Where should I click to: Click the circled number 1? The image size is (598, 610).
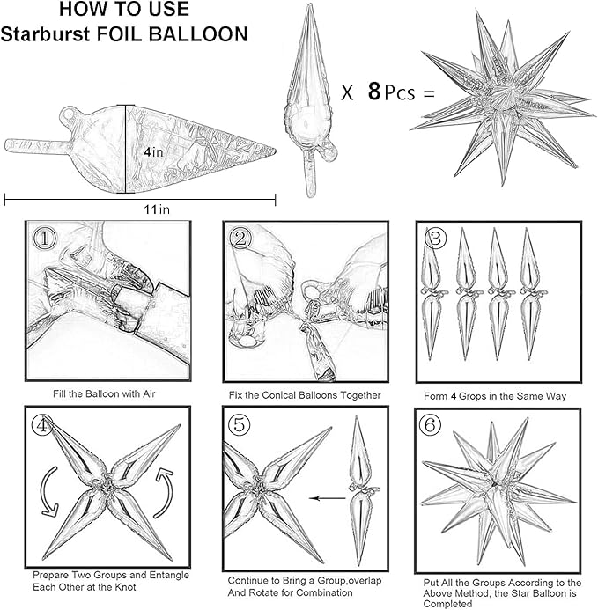[x=45, y=238]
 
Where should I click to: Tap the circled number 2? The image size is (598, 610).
[x=240, y=238]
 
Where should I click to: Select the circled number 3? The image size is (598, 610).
[x=436, y=238]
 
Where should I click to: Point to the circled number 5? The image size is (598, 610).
[x=239, y=424]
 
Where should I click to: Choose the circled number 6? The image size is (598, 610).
[x=430, y=424]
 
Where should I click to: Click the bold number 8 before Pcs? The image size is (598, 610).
[x=374, y=92]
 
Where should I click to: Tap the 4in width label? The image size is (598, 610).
[x=153, y=151]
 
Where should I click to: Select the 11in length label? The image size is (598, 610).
[x=157, y=209]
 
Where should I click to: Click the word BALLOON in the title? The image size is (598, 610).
[x=198, y=33]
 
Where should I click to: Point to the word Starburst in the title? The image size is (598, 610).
[x=46, y=33]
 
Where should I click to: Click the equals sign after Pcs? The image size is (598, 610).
[x=429, y=93]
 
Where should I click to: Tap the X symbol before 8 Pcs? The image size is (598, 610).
[x=347, y=92]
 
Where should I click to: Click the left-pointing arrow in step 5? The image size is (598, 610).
[x=328, y=498]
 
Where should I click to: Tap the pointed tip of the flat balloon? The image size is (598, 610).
[x=276, y=151]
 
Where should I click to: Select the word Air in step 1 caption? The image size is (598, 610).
[x=149, y=393]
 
